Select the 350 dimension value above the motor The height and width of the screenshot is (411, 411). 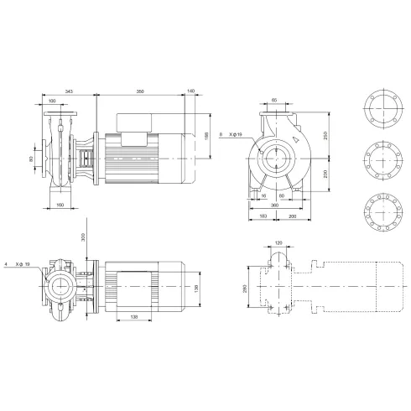pos(139,89)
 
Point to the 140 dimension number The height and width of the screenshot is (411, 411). pos(192,89)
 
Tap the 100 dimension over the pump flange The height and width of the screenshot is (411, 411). pos(52,102)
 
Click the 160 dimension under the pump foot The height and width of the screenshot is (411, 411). pos(59,204)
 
